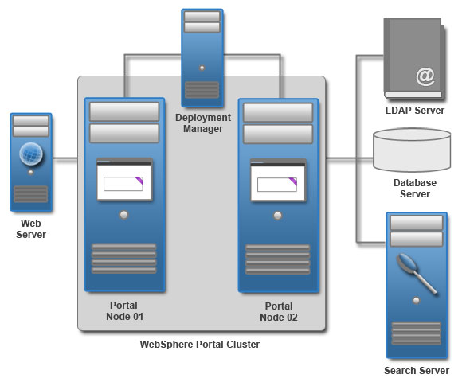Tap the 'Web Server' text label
(31, 229)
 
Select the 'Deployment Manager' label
(202, 123)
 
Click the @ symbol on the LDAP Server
(425, 76)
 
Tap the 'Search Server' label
(416, 371)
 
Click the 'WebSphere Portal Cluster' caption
(200, 345)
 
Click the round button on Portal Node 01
(123, 216)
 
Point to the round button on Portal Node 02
(277, 216)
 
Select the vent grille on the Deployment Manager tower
(202, 90)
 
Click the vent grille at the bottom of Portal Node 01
(123, 259)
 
